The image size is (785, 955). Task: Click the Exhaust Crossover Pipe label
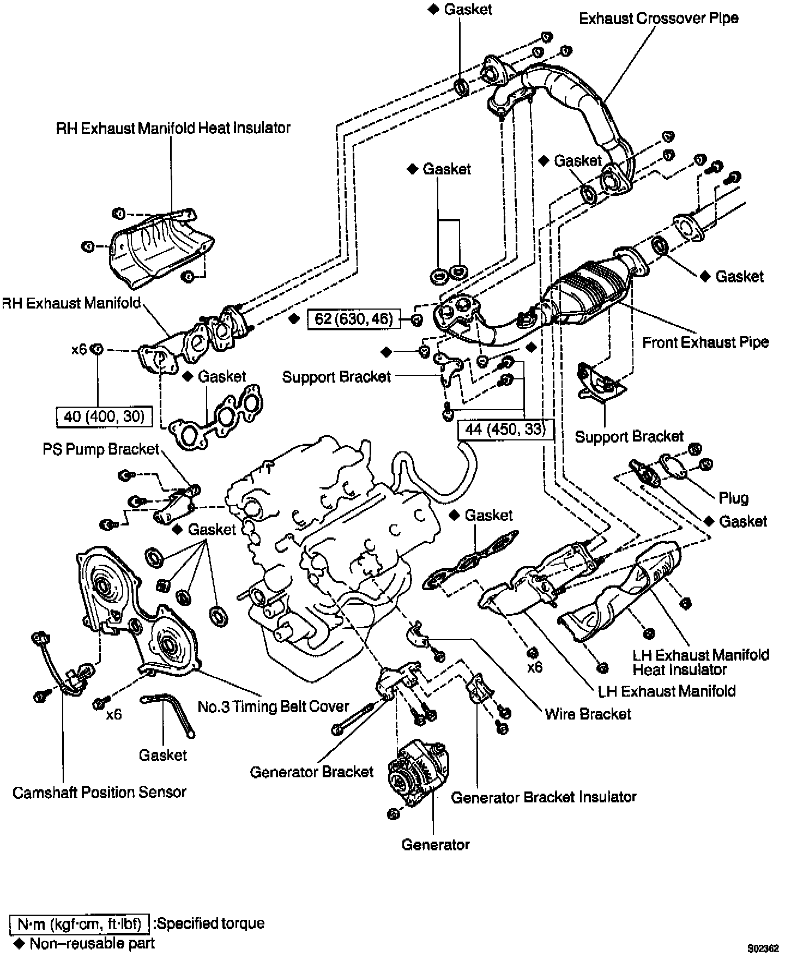pyautogui.click(x=658, y=19)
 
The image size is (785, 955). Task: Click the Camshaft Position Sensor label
pyautogui.click(x=99, y=792)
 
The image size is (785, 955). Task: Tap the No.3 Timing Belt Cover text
pyautogui.click(x=273, y=706)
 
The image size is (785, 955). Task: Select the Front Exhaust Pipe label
pyautogui.click(x=705, y=342)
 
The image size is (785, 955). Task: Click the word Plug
pyautogui.click(x=733, y=498)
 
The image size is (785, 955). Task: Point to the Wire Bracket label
pyautogui.click(x=588, y=714)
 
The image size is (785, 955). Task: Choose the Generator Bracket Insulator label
pyautogui.click(x=544, y=797)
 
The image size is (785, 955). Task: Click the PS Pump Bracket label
pyautogui.click(x=101, y=449)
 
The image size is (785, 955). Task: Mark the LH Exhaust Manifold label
pyautogui.click(x=667, y=691)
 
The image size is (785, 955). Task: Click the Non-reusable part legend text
pyautogui.click(x=92, y=943)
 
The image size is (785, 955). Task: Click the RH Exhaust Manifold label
pyautogui.click(x=71, y=303)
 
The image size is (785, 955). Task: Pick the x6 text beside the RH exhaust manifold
pyautogui.click(x=79, y=349)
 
